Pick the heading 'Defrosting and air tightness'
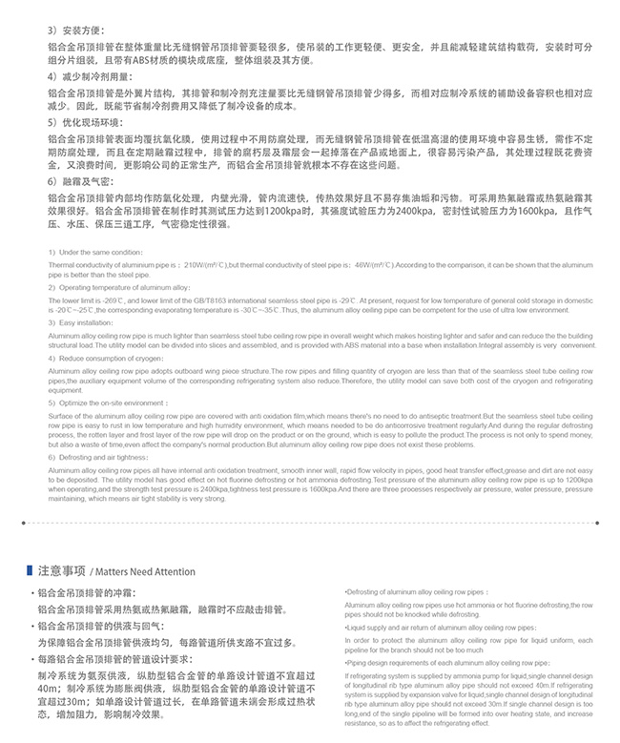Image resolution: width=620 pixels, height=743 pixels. click(x=104, y=457)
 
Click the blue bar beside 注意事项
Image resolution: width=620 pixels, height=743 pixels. click(x=31, y=571)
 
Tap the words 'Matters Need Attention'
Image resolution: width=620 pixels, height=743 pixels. click(x=144, y=572)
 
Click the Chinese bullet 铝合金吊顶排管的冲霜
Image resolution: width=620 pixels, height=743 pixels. click(x=98, y=591)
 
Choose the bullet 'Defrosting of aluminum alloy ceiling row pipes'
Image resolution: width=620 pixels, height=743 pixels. click(x=417, y=592)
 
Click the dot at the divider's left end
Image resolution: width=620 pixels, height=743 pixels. click(x=23, y=522)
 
